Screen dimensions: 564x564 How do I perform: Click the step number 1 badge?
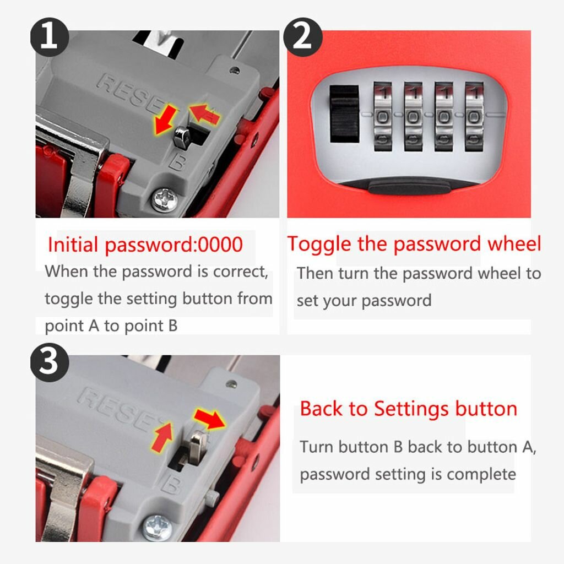pyautogui.click(x=49, y=37)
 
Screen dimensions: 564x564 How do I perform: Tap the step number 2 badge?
pyautogui.click(x=302, y=37)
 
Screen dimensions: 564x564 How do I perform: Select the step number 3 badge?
pyautogui.click(x=49, y=362)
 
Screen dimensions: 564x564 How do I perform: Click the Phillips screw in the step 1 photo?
pyautogui.click(x=165, y=200)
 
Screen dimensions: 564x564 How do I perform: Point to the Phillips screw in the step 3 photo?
pyautogui.click(x=157, y=528)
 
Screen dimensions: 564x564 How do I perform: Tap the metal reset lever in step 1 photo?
pyautogui.click(x=182, y=137)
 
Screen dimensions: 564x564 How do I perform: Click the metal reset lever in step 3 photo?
pyautogui.click(x=197, y=446)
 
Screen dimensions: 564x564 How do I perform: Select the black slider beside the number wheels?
pyautogui.click(x=344, y=113)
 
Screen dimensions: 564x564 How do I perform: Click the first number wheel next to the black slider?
pyautogui.click(x=383, y=117)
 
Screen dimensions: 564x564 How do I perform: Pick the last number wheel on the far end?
pyautogui.click(x=474, y=117)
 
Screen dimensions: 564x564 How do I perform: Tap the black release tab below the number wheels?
pyautogui.click(x=409, y=187)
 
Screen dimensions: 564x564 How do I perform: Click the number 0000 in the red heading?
pyautogui.click(x=220, y=245)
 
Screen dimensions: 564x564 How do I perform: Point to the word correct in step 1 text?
pyautogui.click(x=241, y=272)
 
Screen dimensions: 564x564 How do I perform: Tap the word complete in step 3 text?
pyautogui.click(x=481, y=474)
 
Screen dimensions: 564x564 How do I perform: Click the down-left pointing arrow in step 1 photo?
pyautogui.click(x=165, y=120)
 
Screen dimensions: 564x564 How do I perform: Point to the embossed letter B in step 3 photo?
pyautogui.click(x=171, y=485)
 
